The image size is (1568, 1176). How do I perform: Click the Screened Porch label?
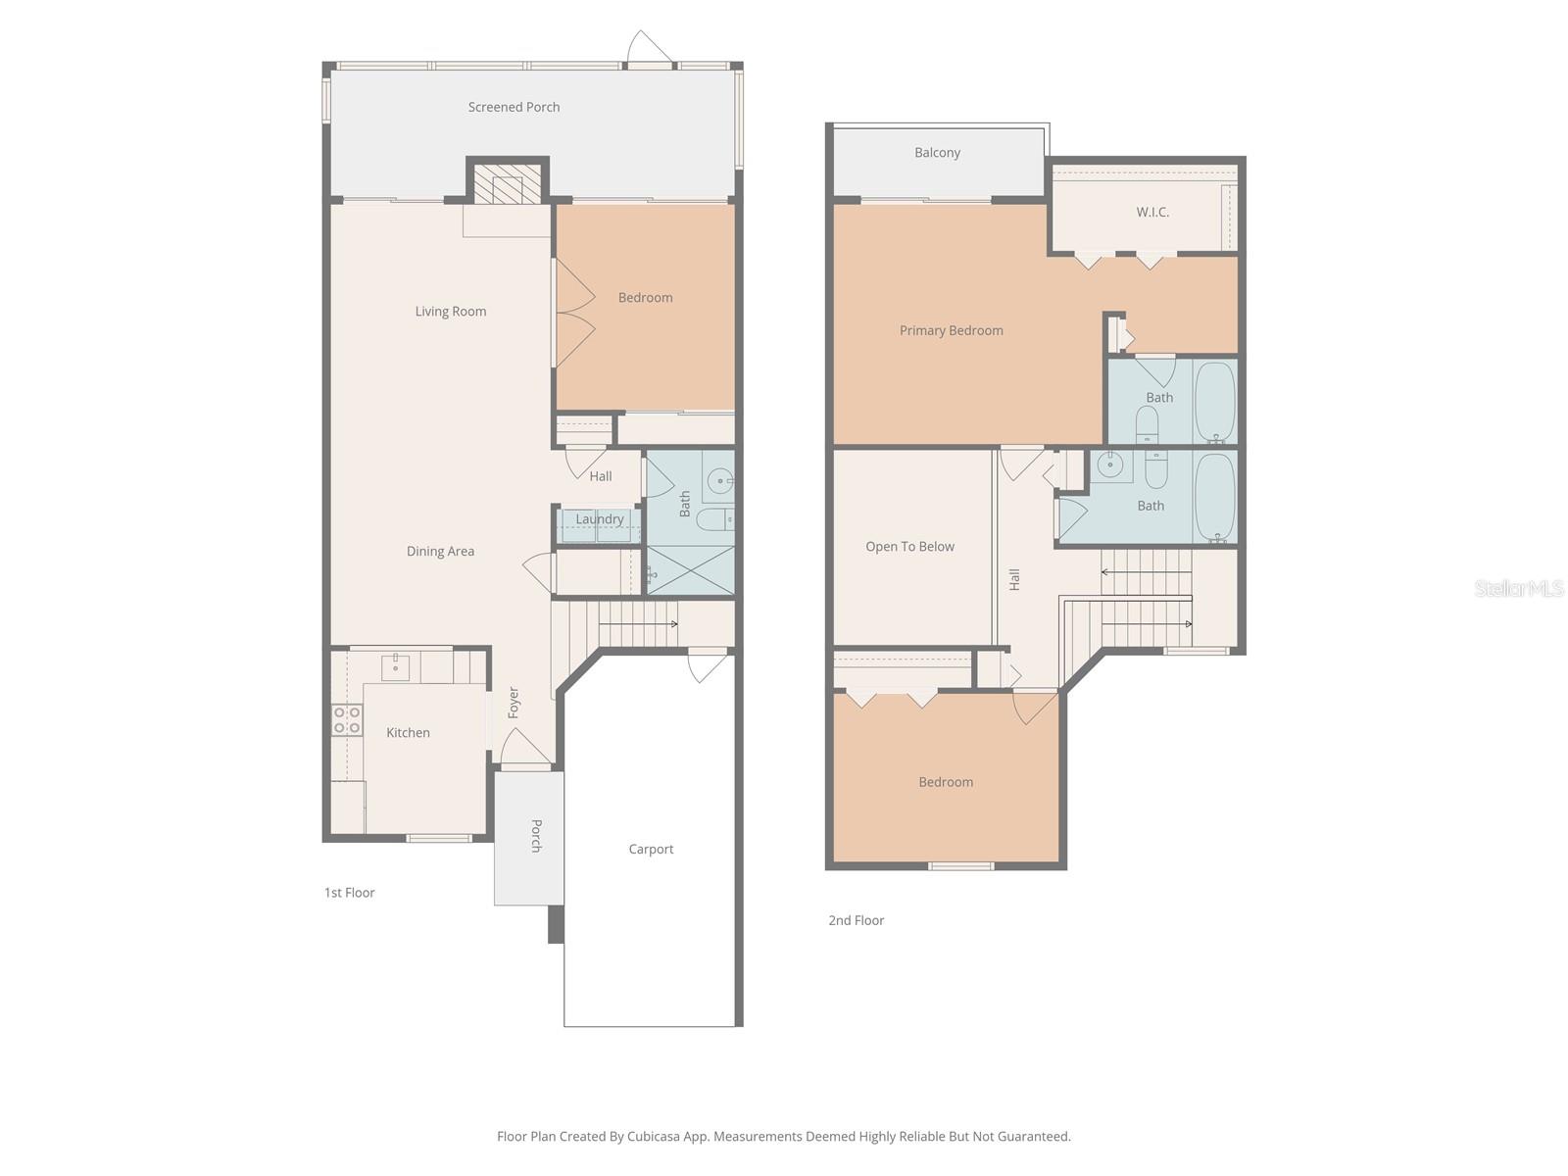(514, 107)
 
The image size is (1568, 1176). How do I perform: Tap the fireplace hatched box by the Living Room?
(507, 183)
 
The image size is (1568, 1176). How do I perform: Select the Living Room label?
(450, 312)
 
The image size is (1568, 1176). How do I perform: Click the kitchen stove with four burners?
(346, 720)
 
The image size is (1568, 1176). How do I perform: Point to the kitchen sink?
(395, 667)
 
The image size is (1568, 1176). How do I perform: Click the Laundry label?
(599, 519)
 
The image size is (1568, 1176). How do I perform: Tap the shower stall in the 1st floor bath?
(691, 570)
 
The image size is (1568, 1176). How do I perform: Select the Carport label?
(651, 850)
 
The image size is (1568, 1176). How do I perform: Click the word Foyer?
(514, 703)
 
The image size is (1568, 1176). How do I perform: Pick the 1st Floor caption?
(350, 893)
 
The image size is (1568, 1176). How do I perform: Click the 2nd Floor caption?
(856, 920)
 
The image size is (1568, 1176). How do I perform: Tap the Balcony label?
(937, 153)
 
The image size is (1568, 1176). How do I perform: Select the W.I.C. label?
(1152, 212)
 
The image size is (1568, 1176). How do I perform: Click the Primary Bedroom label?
(951, 331)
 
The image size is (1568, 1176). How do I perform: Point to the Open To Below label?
(909, 547)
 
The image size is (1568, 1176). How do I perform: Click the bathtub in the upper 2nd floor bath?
(1215, 402)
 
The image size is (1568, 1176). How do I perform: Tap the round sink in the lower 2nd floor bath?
(1109, 465)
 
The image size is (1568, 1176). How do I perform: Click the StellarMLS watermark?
(1519, 588)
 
